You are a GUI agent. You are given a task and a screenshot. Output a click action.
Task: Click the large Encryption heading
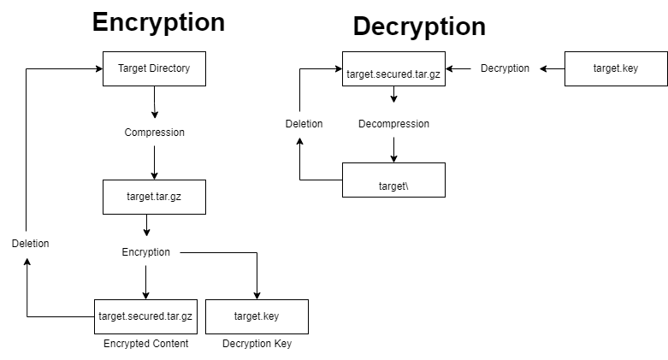pos(158,22)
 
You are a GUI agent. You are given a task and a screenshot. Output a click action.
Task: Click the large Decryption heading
pos(419,27)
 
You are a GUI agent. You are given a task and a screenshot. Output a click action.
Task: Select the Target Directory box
pos(154,68)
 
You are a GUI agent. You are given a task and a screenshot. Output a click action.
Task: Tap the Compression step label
pos(154,133)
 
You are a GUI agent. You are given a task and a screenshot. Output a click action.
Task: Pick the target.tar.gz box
pos(154,197)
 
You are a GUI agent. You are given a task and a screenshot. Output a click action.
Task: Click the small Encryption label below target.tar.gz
pos(145,252)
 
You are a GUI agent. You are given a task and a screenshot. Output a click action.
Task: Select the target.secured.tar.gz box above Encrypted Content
pos(145,316)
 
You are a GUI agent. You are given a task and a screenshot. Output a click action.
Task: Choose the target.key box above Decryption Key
pos(257,316)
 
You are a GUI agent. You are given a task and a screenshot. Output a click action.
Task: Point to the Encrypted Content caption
pos(145,344)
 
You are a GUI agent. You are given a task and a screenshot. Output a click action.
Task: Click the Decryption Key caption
pos(257,344)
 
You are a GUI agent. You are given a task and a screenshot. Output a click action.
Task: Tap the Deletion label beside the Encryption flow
pos(30,244)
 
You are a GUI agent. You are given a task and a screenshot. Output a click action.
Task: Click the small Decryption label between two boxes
pos(505,68)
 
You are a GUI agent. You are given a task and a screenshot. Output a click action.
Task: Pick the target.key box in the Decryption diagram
pos(616,68)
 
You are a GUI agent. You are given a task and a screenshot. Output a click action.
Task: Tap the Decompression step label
pos(393,124)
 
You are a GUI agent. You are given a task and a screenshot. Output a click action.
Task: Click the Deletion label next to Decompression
pos(304,124)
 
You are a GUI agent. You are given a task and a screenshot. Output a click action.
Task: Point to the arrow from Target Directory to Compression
pos(154,103)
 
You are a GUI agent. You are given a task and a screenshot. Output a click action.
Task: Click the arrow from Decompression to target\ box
pos(393,149)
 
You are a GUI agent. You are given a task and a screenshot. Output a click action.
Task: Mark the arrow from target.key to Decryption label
pos(553,68)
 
